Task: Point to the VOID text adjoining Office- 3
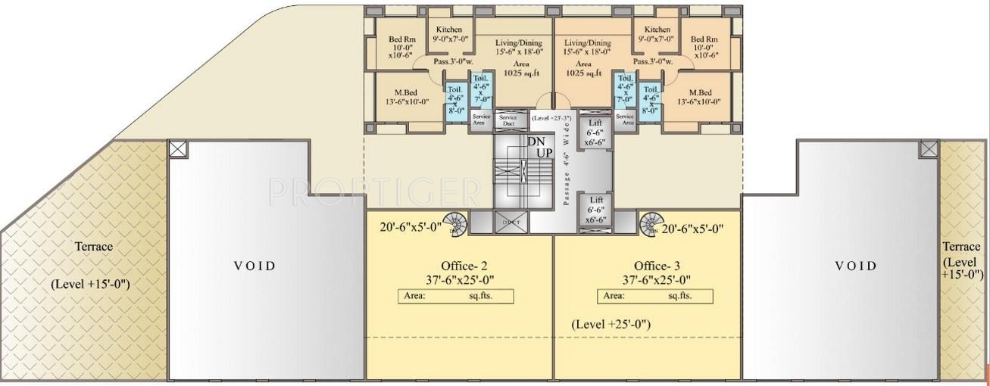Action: pos(855,266)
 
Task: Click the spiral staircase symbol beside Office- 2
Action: pos(455,223)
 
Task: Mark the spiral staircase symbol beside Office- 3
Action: pos(650,224)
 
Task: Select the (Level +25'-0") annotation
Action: pos(612,324)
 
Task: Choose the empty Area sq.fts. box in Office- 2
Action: pos(456,296)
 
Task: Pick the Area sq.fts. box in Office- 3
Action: pos(652,296)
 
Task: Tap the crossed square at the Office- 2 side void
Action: pos(177,148)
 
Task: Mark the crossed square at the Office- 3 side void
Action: pos(929,148)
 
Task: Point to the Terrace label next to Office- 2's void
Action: pos(93,247)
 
